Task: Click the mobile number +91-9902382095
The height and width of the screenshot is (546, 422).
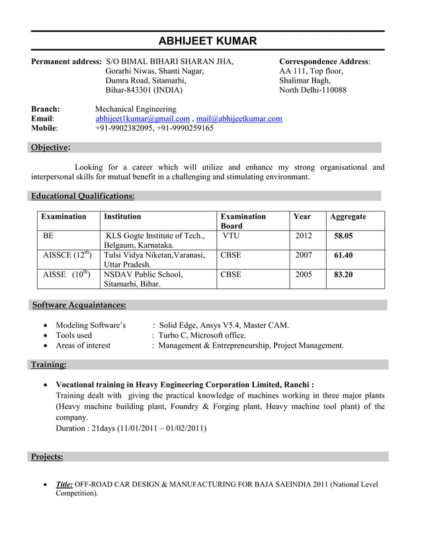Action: (124, 128)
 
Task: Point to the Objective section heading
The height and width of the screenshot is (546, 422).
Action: (50, 147)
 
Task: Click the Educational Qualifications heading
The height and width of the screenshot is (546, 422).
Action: (83, 196)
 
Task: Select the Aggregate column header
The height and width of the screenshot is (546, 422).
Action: (348, 217)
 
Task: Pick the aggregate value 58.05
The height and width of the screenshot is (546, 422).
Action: (343, 236)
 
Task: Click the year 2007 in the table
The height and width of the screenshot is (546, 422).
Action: (304, 255)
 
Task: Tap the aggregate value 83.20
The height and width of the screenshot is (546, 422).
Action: (343, 274)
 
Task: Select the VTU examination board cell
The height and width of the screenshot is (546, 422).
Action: (231, 235)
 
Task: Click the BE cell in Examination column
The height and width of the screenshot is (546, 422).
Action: (48, 235)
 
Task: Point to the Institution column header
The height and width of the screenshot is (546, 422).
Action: (122, 216)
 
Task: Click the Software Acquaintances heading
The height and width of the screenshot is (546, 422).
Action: (79, 305)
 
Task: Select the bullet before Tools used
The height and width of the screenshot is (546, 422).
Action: (44, 336)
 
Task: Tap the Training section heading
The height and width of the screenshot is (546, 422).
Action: (48, 364)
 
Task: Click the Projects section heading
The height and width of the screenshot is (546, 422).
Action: (47, 457)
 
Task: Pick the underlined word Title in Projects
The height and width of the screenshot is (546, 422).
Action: (64, 485)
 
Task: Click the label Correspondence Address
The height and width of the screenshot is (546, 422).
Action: (324, 61)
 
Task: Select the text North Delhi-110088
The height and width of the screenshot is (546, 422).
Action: (312, 90)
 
